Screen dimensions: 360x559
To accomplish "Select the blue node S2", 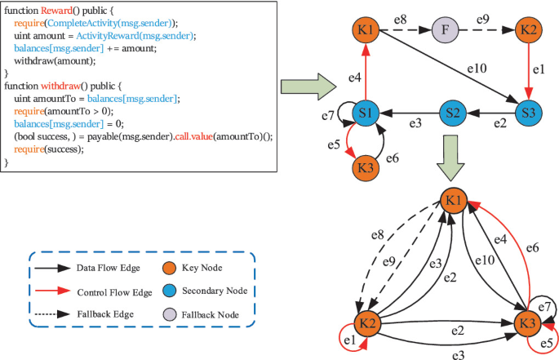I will [453, 113].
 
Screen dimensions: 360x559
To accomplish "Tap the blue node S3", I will [529, 113].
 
